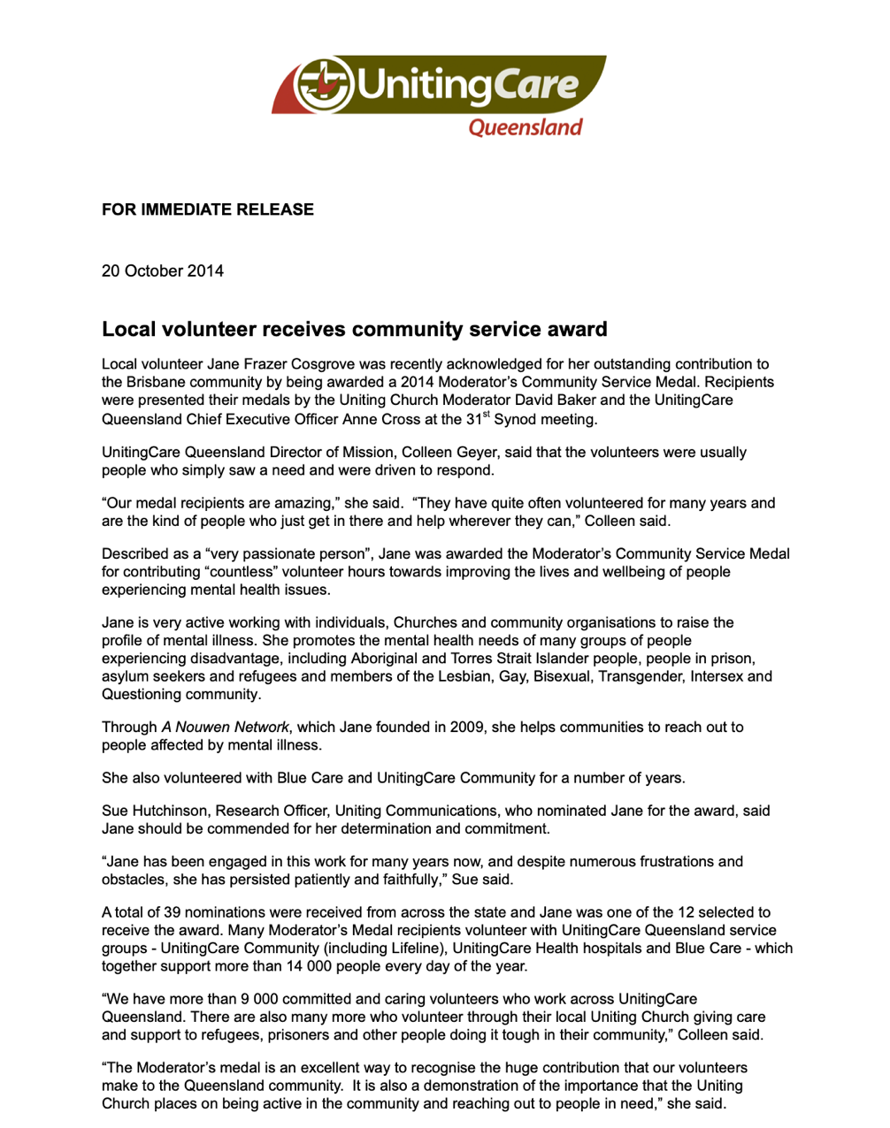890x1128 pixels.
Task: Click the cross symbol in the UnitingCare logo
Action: pyautogui.click(x=322, y=85)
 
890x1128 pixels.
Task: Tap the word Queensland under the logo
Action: pyautogui.click(x=526, y=128)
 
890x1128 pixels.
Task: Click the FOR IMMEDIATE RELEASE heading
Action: pyautogui.click(x=208, y=210)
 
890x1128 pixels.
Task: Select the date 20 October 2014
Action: pyautogui.click(x=163, y=271)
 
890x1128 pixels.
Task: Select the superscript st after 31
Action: pyautogui.click(x=486, y=414)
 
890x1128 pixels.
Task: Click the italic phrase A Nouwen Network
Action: pyautogui.click(x=225, y=728)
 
